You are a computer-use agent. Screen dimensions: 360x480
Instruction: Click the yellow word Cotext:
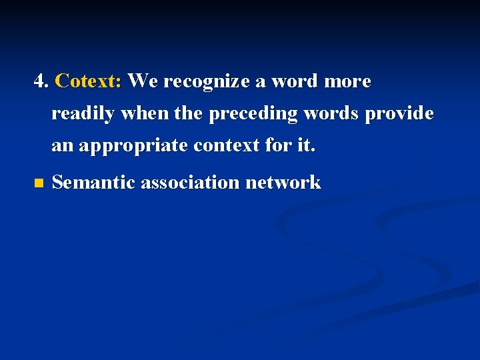click(x=88, y=81)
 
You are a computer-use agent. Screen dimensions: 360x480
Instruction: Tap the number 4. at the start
click(x=41, y=81)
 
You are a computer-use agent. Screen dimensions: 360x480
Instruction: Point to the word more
click(x=347, y=81)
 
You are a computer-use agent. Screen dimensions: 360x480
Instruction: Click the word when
click(x=144, y=114)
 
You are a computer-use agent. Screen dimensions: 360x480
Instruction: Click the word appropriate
click(x=133, y=146)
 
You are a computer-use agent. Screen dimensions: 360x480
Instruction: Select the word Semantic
click(x=93, y=182)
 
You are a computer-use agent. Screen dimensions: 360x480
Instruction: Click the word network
click(x=283, y=182)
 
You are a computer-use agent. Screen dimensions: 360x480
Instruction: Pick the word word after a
click(x=296, y=81)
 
